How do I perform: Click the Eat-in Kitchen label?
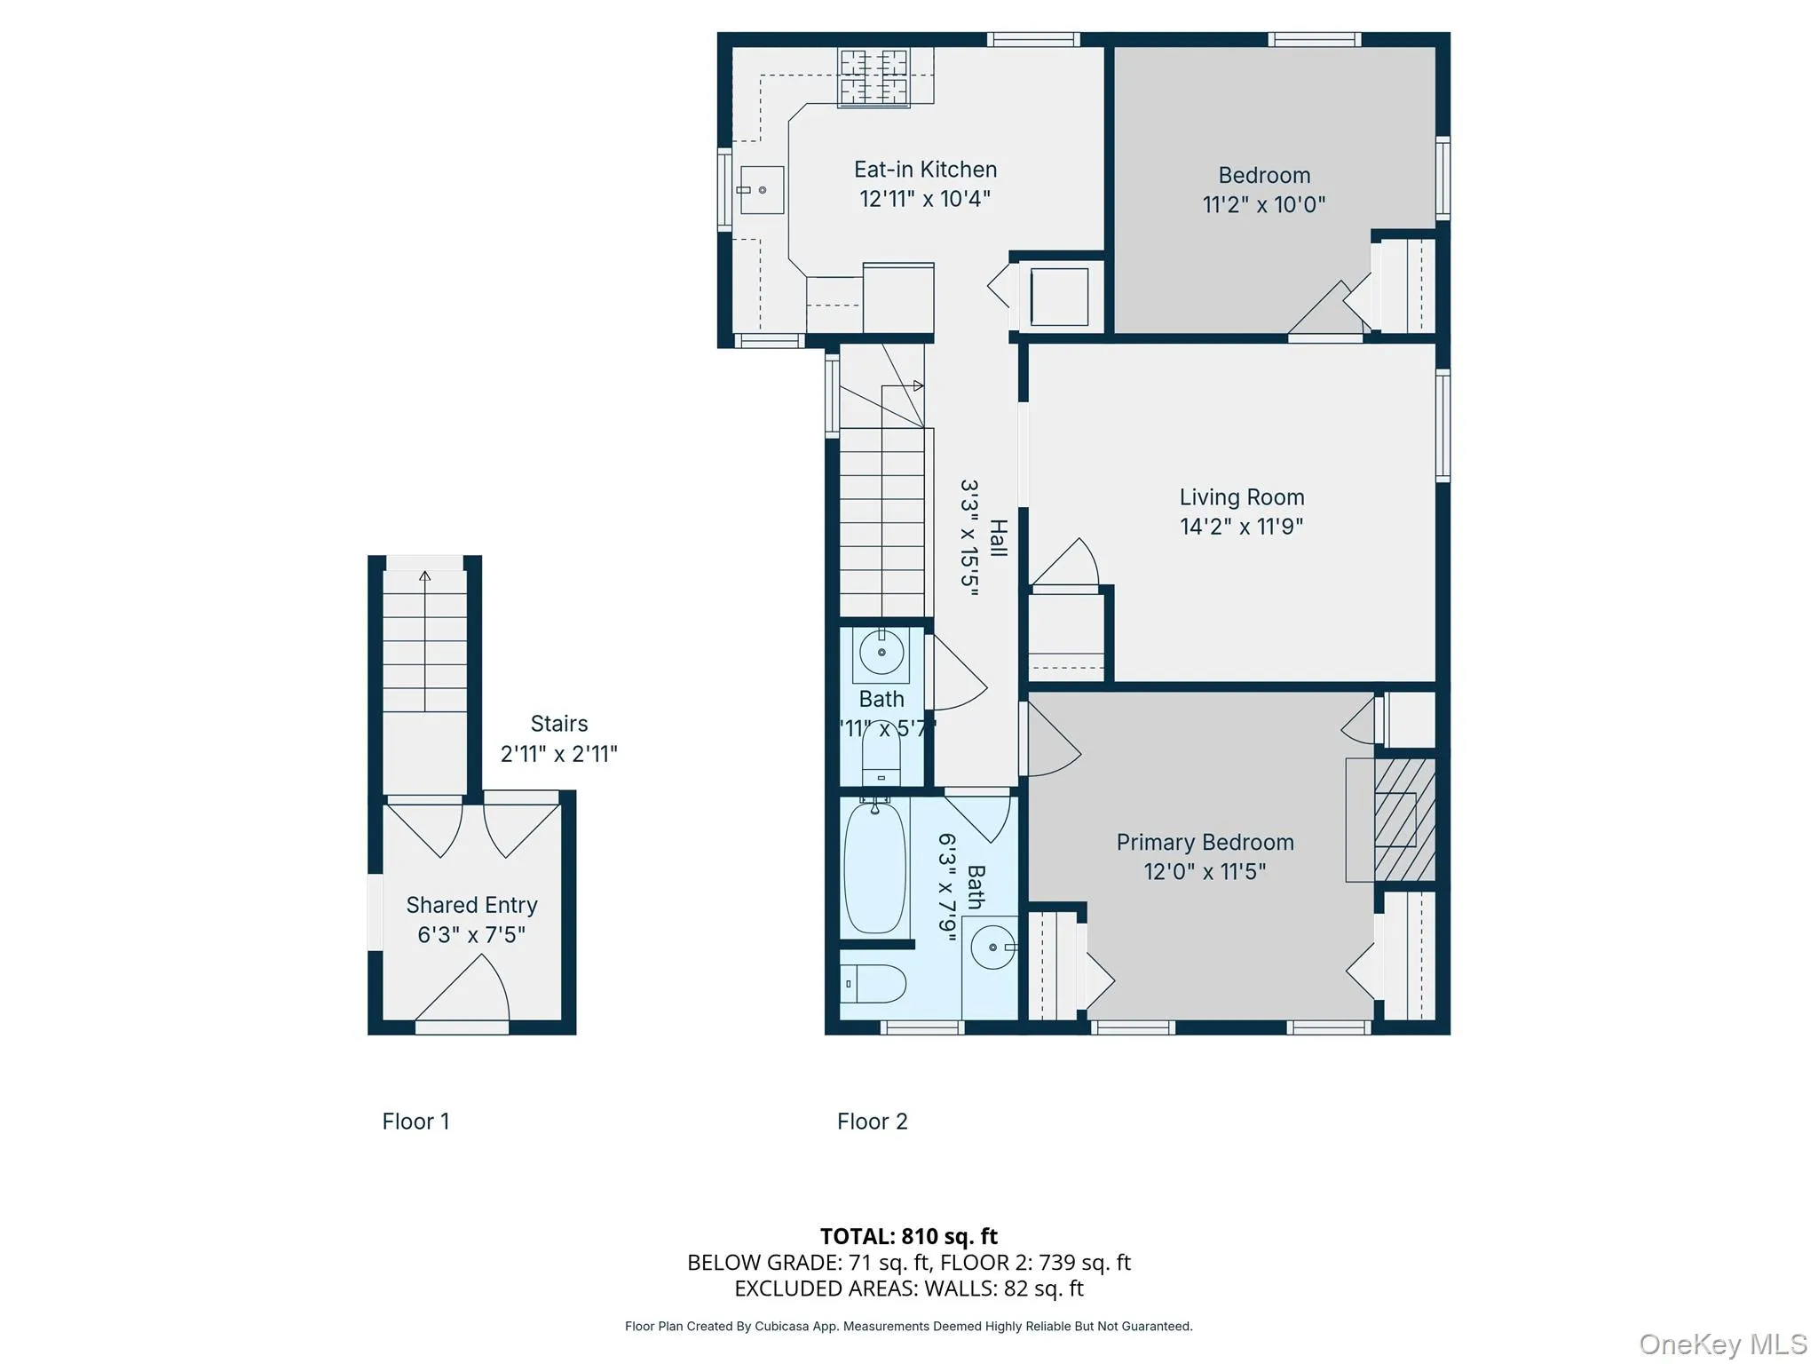(x=925, y=170)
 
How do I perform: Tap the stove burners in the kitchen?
(x=874, y=76)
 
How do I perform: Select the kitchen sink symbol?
(x=762, y=190)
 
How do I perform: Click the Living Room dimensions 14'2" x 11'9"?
(x=1241, y=527)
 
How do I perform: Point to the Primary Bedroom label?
(x=1205, y=842)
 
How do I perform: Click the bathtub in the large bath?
(x=875, y=867)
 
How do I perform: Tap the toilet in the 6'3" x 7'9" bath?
(x=873, y=984)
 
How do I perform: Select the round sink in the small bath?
(x=881, y=653)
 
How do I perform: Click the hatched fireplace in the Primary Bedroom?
(x=1404, y=819)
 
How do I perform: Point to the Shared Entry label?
(x=471, y=905)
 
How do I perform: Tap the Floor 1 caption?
(x=415, y=1122)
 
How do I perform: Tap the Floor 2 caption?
(x=872, y=1122)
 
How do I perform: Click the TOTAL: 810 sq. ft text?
(x=908, y=1236)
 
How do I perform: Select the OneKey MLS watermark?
(x=1722, y=1344)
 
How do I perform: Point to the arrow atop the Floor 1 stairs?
(x=425, y=576)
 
